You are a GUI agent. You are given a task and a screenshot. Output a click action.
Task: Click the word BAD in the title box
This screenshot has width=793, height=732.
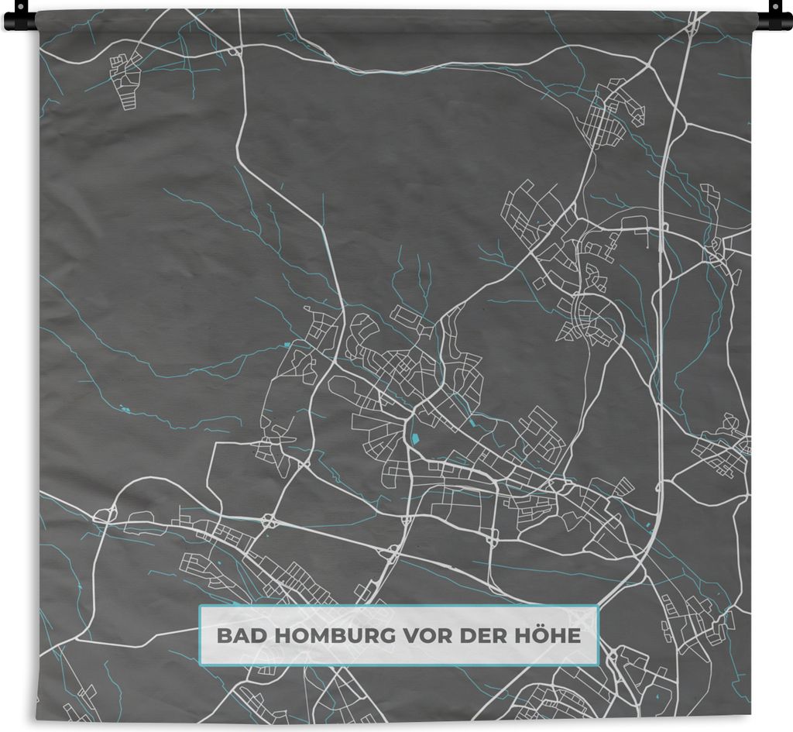(235, 637)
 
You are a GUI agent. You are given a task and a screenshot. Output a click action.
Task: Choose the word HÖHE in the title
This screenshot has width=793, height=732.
(546, 637)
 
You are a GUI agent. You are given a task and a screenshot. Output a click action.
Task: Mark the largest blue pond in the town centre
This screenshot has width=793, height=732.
(415, 439)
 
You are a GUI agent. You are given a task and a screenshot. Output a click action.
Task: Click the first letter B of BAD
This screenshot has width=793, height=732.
(223, 637)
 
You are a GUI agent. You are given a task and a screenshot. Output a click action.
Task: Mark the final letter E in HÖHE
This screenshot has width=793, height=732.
(574, 637)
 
